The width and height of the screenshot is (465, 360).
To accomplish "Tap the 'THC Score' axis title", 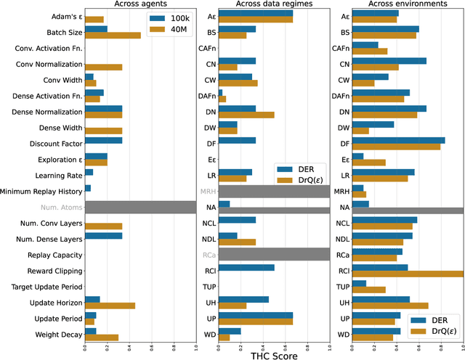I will click(x=275, y=355).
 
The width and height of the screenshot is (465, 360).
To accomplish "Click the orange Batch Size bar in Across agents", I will click(x=113, y=35).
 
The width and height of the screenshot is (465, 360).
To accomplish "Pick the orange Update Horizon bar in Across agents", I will click(x=110, y=306).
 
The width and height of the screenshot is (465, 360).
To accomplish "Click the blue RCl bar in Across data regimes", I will click(x=246, y=267).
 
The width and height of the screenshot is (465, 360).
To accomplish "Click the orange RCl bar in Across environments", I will click(x=408, y=274).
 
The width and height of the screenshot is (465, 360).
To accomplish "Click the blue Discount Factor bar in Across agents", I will click(x=103, y=140).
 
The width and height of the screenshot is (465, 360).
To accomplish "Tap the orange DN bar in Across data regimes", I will click(x=246, y=115).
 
